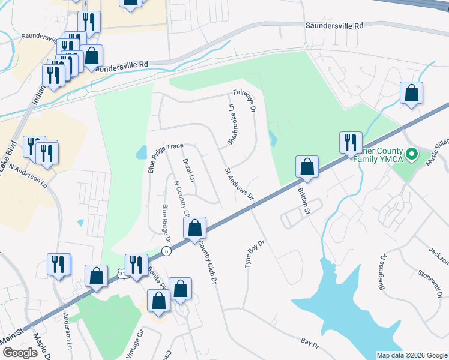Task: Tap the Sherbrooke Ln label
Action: pos(231,124)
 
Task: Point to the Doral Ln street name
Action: pos(188,170)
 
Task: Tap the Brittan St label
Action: pos(303,200)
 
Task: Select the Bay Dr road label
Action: pos(310,343)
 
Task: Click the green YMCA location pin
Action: pos(411,155)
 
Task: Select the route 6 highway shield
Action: pos(166,250)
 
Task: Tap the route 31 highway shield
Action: pos(122,274)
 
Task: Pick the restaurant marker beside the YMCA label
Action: pos(350,143)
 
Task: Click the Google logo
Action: pos(20,353)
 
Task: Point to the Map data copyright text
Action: pos(411,355)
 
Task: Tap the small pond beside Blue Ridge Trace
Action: pos(142,152)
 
